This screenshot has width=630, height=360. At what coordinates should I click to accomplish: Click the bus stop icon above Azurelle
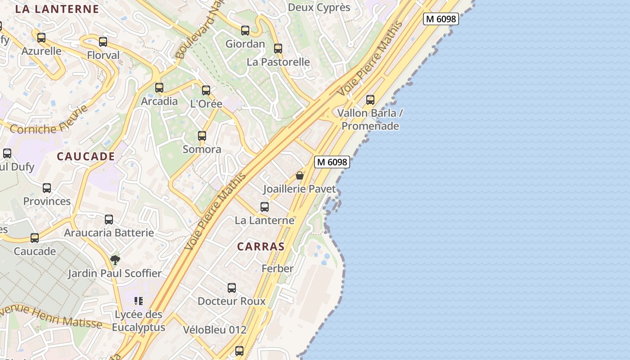pos(41,38)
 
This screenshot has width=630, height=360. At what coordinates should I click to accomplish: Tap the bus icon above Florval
pos(103,42)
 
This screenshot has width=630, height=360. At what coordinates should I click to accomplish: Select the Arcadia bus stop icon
pos(159,88)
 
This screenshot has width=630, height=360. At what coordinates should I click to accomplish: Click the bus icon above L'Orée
pos(206,90)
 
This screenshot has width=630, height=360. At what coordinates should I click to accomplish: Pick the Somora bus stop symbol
pos(202,136)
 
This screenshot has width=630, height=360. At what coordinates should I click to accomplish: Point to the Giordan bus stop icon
pos(245,31)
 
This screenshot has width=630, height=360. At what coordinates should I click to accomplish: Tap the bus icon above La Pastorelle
pos(278,49)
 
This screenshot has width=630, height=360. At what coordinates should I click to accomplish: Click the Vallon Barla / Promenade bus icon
pos(370,100)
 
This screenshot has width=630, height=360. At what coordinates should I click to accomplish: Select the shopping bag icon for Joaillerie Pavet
pos(300,175)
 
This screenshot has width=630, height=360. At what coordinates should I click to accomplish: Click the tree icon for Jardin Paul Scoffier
pos(115,260)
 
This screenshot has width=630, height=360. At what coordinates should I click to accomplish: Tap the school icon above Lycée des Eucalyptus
pos(139,301)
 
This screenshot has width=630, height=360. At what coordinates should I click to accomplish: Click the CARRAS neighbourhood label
pos(261,247)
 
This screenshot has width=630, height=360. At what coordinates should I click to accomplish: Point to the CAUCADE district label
pos(86,157)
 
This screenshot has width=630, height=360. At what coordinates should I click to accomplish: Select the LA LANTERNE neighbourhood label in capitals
pos(57,9)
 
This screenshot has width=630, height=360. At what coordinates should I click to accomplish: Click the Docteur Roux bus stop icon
pos(232,288)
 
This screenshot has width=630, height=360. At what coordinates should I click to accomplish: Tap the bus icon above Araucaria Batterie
pos(109,220)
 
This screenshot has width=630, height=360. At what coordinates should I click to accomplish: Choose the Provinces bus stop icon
pos(47,188)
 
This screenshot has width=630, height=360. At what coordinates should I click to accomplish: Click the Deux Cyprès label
pos(319,8)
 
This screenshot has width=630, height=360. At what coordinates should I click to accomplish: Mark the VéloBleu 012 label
pos(215,330)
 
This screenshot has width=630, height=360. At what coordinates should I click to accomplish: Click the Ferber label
pos(278,269)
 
